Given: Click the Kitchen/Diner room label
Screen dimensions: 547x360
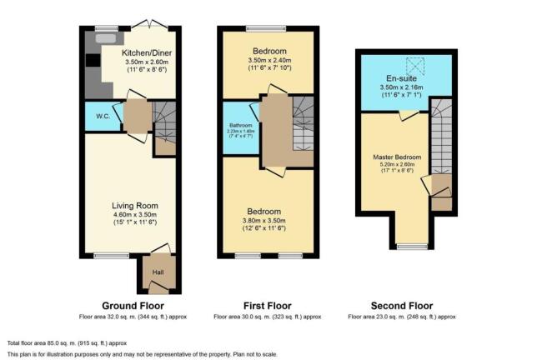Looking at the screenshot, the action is [x=147, y=53].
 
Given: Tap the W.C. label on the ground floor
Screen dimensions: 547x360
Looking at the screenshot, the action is [x=103, y=117].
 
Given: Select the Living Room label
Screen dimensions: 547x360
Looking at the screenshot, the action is [x=135, y=206].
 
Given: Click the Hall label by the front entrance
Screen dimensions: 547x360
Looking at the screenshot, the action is [x=158, y=272].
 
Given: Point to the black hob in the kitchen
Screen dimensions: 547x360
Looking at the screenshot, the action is [x=93, y=60].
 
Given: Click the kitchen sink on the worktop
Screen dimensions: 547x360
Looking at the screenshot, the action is [x=106, y=38].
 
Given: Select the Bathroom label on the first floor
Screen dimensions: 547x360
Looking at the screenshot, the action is [x=241, y=126].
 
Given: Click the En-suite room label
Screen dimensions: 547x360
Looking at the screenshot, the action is [x=402, y=78].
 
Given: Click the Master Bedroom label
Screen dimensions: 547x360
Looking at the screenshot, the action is [x=397, y=157].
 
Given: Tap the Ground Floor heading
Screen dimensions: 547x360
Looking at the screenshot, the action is [x=133, y=306].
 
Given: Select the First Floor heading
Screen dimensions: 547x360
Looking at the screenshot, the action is [x=267, y=306].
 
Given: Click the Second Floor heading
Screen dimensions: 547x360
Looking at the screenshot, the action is [x=402, y=306].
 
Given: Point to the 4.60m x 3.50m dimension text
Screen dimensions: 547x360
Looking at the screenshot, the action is [x=135, y=215].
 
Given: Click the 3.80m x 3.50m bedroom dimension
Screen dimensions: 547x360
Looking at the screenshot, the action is [x=264, y=221].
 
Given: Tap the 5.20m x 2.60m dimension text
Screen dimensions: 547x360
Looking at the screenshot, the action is [x=398, y=164].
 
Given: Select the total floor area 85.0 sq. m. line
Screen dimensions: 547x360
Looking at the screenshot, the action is [x=67, y=343].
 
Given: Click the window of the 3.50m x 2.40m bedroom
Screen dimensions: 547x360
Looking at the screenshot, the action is [x=266, y=28].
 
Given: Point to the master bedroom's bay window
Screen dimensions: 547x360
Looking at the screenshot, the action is [x=413, y=247].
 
